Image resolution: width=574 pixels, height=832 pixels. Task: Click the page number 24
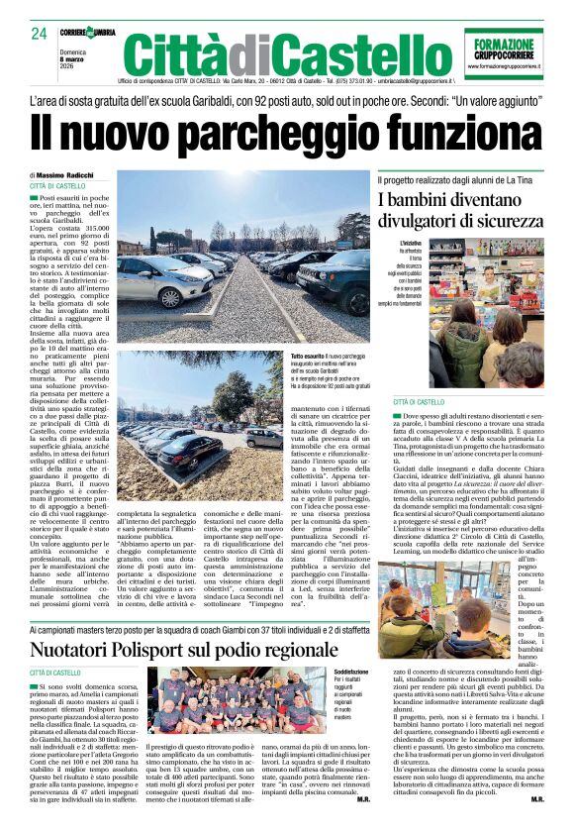[x=39, y=33]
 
